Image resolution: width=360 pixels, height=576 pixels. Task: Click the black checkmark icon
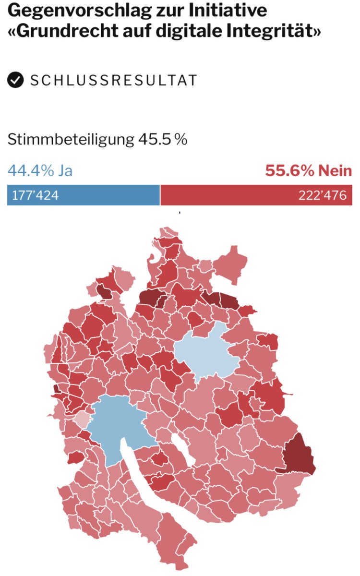pos(16,80)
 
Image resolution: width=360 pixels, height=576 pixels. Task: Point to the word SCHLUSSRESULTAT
pos(113,80)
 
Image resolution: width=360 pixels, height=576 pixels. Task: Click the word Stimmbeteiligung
pos(70,140)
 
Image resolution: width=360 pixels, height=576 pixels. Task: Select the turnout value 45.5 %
pos(163,140)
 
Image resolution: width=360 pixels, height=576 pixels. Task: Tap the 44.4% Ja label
pos(40,170)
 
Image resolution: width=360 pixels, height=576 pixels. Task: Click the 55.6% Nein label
pos(308,170)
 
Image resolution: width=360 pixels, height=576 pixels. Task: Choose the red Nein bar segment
pos(230,196)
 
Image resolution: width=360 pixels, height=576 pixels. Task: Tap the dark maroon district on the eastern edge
pos(299,454)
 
